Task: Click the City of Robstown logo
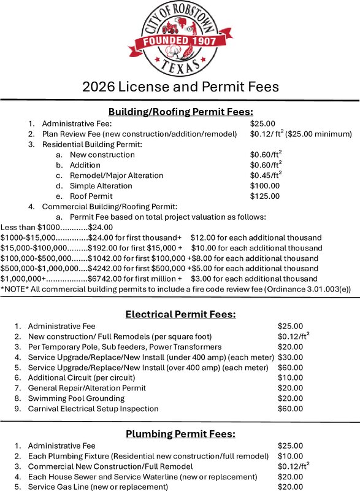[x=180, y=38]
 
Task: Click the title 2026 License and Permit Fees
[x=180, y=87]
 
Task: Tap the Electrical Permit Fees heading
[x=180, y=314]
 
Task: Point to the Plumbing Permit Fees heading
[x=180, y=434]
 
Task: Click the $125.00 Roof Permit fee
[x=265, y=196]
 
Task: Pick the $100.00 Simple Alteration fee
[x=265, y=185]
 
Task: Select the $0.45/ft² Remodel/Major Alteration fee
[x=266, y=175]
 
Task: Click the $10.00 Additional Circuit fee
[x=290, y=377]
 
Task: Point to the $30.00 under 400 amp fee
[x=290, y=357]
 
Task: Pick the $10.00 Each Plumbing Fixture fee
[x=290, y=456]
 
